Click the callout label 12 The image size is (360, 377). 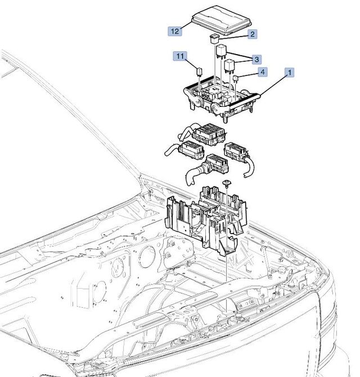click(x=175, y=31)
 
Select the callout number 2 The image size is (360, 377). click(x=253, y=35)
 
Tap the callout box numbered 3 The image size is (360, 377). click(x=256, y=59)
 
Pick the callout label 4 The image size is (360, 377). click(x=263, y=72)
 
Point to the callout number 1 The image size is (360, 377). click(x=290, y=72)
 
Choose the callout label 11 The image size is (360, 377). click(x=179, y=56)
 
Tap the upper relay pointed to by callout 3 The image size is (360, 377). click(x=220, y=51)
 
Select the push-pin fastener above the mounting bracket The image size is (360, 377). click(x=226, y=184)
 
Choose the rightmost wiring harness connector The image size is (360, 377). click(x=235, y=152)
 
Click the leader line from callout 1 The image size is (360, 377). click(x=274, y=84)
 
